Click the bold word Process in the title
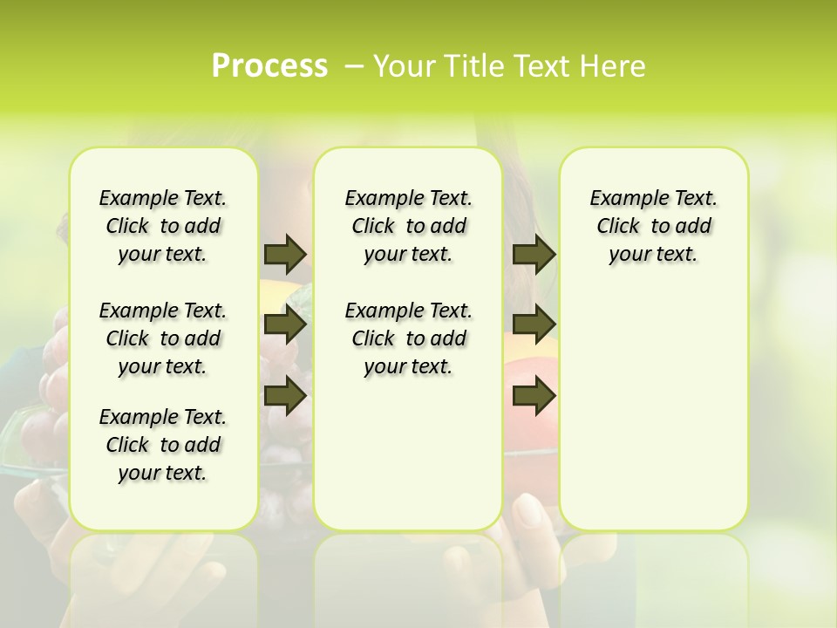tap(269, 66)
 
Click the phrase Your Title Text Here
tap(509, 66)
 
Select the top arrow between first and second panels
tap(285, 254)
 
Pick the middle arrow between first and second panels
tap(285, 325)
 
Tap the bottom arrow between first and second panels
tap(285, 396)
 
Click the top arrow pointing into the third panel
tap(534, 254)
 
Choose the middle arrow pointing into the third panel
tap(534, 325)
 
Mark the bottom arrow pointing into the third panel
tap(534, 396)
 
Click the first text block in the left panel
tap(163, 226)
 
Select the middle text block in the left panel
tap(163, 338)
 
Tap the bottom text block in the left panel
tap(163, 445)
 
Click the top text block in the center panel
tap(408, 226)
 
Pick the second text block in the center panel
tap(408, 338)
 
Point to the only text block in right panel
tap(653, 226)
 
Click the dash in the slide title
tap(354, 66)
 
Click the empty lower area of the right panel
tap(653, 419)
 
